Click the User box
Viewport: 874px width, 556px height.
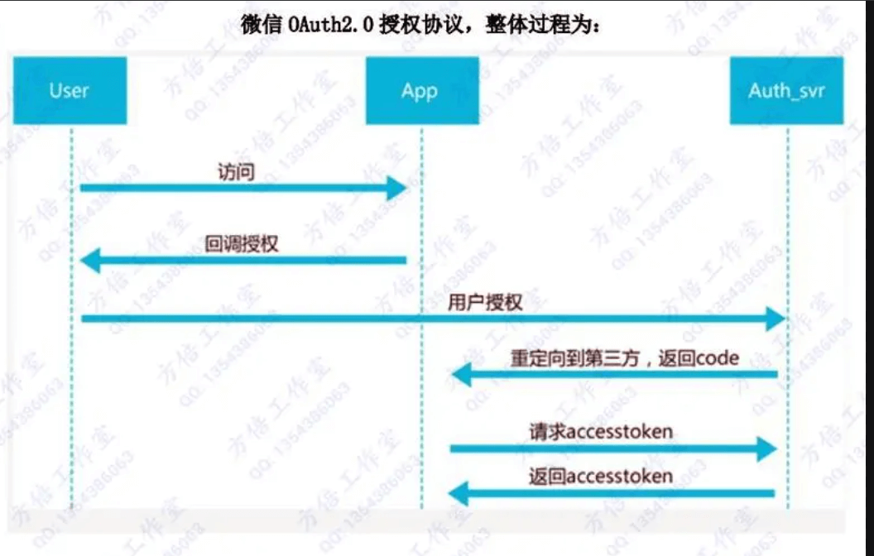(x=70, y=90)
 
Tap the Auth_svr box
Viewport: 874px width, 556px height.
(x=785, y=90)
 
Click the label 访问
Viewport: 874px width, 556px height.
(x=236, y=171)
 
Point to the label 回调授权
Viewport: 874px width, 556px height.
(x=242, y=244)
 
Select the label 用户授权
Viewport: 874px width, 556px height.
(x=485, y=302)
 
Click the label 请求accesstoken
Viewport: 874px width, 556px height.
(x=601, y=431)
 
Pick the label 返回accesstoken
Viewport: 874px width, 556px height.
(x=601, y=476)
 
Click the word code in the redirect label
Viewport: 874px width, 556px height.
(x=718, y=359)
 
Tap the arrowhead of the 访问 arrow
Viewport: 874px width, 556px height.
(x=398, y=188)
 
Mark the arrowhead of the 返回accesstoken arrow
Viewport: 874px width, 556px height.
(x=459, y=495)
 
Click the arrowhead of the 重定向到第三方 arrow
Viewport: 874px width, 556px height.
(x=460, y=376)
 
